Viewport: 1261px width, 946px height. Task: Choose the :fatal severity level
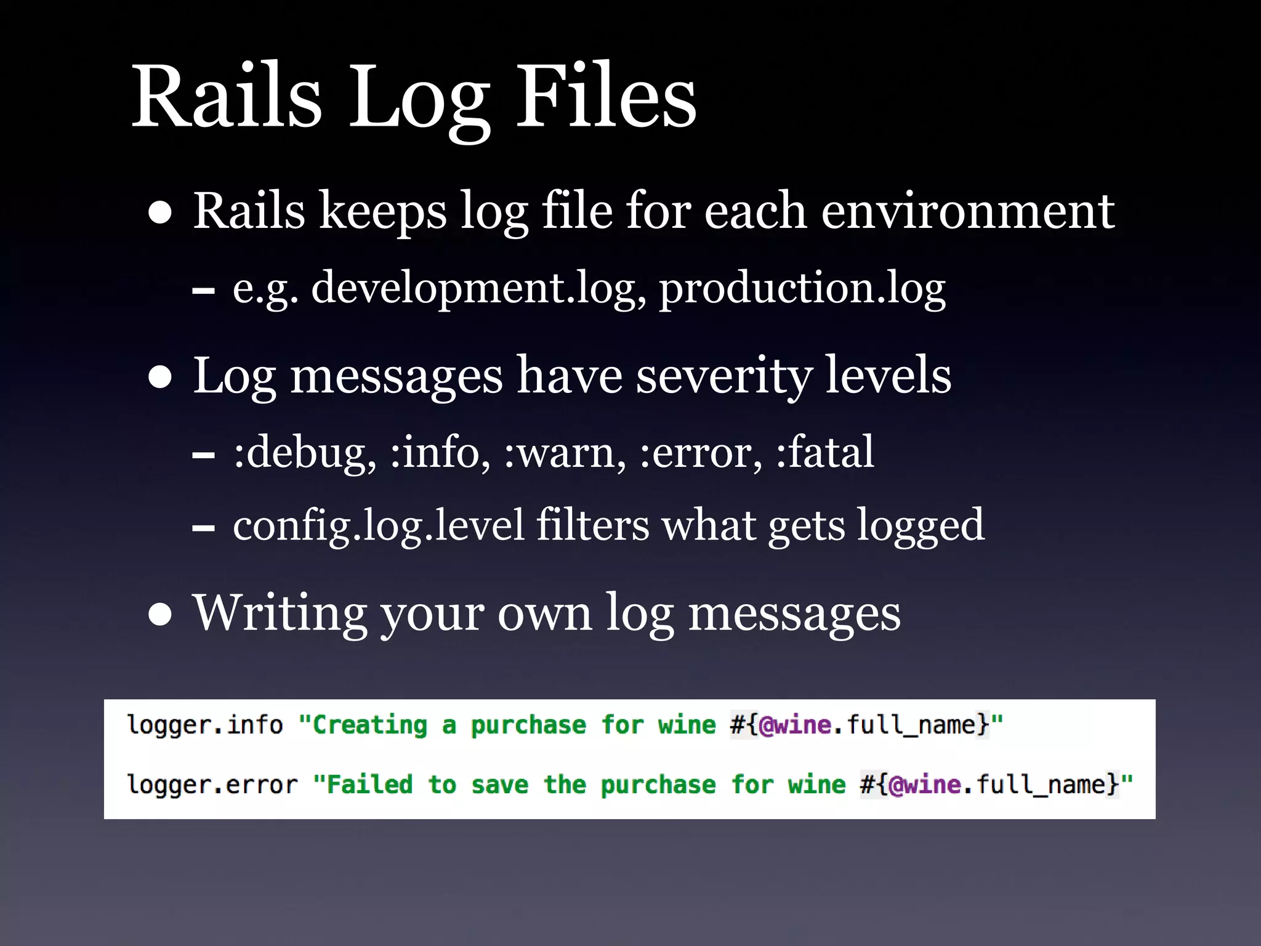click(824, 451)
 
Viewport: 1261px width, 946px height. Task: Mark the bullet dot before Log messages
click(160, 377)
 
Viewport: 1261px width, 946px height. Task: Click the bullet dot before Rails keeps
click(160, 212)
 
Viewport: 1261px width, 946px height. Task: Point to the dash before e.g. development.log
click(204, 290)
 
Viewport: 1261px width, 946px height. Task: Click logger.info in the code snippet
click(204, 726)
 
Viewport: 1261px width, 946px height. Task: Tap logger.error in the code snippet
click(212, 785)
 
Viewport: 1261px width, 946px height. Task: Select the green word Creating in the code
click(369, 726)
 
